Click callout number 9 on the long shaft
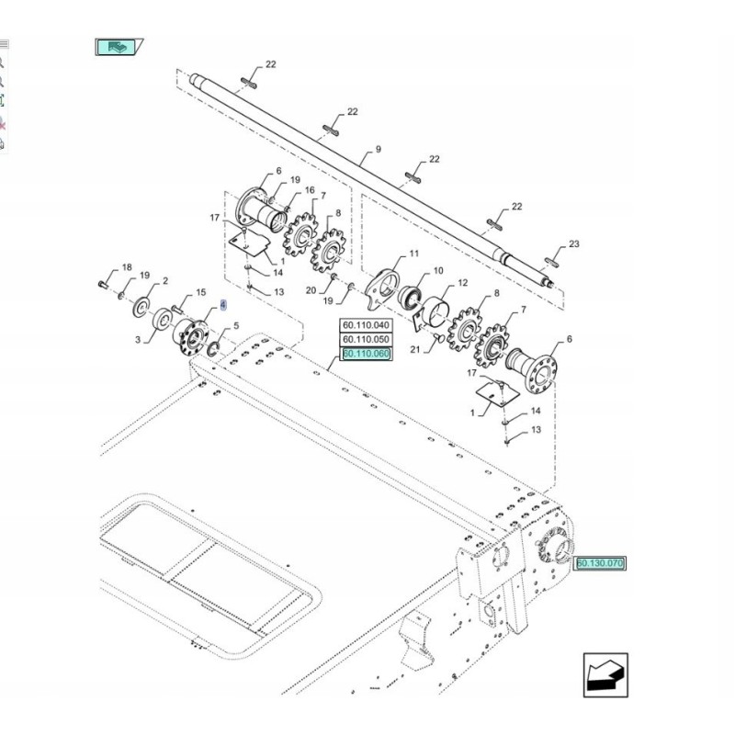(x=378, y=150)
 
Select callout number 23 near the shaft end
(x=574, y=243)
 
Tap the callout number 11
(x=413, y=254)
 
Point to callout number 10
(x=437, y=271)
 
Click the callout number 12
(x=462, y=282)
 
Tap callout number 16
(x=310, y=190)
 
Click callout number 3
(x=139, y=340)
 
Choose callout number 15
(x=201, y=293)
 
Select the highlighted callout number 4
(x=221, y=305)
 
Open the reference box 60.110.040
(x=367, y=325)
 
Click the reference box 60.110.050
(x=367, y=339)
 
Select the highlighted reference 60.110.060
(x=367, y=354)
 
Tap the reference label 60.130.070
(x=600, y=562)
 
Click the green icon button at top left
(x=117, y=46)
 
